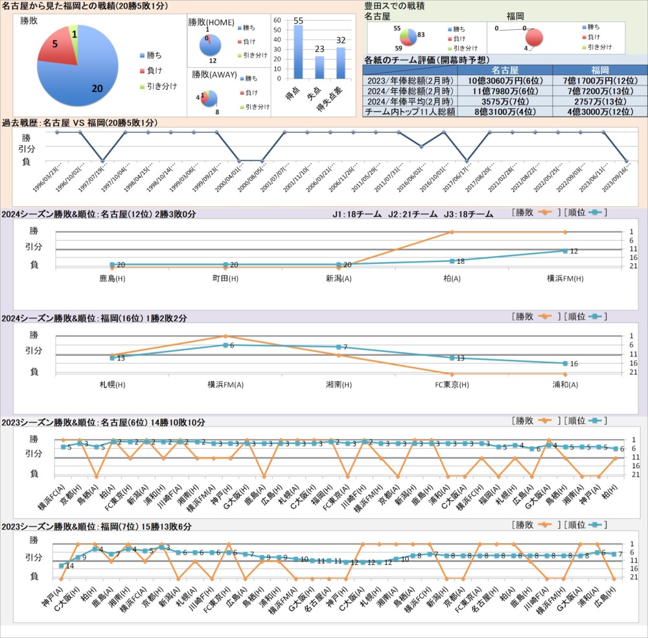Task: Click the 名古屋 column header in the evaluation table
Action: pos(505,70)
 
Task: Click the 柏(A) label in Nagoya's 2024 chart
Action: pos(452,279)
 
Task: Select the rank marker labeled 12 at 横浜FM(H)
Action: pos(565,251)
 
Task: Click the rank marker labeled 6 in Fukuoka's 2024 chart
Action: pos(225,345)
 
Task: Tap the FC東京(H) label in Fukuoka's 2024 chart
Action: pos(452,384)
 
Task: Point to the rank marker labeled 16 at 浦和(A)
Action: pos(565,363)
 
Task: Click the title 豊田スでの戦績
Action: pos(391,5)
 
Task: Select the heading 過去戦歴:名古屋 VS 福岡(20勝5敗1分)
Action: pos(79,123)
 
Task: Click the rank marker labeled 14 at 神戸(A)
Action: pos(62,566)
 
